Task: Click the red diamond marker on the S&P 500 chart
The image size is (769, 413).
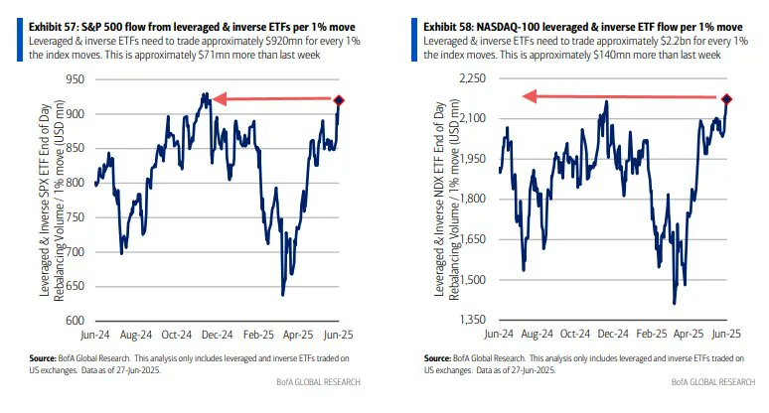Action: [340, 100]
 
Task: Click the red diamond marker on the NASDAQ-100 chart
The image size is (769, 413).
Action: [726, 99]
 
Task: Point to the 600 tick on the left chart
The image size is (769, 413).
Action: [75, 321]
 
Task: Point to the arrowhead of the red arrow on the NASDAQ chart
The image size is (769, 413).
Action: [531, 96]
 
